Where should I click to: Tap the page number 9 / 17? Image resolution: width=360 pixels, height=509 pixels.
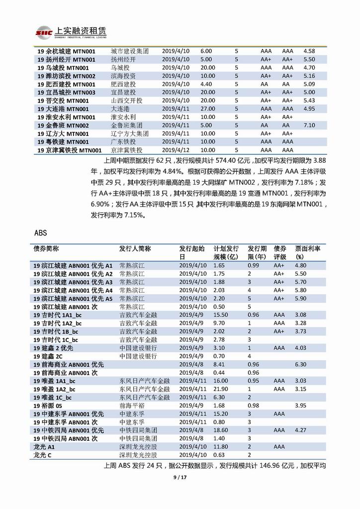click(x=180, y=478)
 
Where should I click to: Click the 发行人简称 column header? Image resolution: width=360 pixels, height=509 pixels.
click(x=135, y=248)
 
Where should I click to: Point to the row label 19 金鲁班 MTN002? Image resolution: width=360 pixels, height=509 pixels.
click(x=62, y=125)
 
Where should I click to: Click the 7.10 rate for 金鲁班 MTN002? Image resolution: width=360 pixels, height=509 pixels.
click(x=309, y=125)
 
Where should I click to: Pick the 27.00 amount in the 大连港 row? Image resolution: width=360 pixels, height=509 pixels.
click(x=208, y=108)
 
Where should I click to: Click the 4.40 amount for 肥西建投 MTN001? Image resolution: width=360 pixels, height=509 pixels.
click(x=206, y=84)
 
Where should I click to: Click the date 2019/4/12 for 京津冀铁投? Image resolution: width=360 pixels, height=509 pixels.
click(x=176, y=150)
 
